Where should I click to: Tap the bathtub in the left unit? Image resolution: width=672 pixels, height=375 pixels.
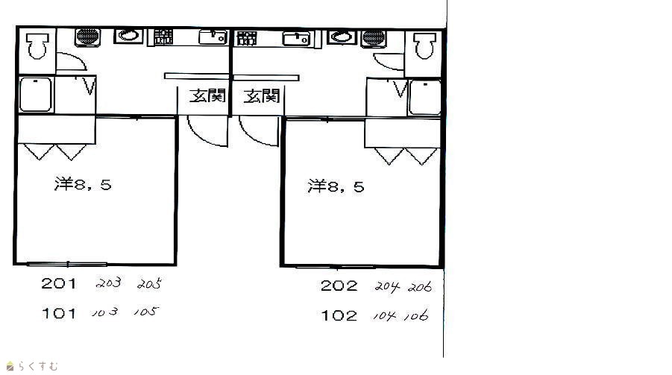pyautogui.click(x=36, y=94)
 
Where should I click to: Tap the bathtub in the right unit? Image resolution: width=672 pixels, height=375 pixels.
pyautogui.click(x=424, y=97)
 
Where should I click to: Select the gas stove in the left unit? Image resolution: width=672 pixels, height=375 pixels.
pyautogui.click(x=163, y=37)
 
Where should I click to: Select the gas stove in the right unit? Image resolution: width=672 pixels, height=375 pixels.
pyautogui.click(x=247, y=38)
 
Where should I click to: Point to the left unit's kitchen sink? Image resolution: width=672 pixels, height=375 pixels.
pyautogui.click(x=213, y=37)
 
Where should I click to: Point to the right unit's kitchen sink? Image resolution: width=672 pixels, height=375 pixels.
pyautogui.click(x=296, y=39)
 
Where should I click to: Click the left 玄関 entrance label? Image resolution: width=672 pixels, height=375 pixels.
pyautogui.click(x=207, y=95)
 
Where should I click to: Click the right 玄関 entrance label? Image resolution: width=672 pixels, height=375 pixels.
pyautogui.click(x=262, y=96)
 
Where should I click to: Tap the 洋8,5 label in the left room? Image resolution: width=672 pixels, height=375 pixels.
pyautogui.click(x=83, y=184)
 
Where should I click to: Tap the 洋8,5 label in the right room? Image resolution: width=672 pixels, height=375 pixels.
pyautogui.click(x=336, y=186)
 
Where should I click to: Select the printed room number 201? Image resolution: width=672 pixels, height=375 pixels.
pyautogui.click(x=59, y=283)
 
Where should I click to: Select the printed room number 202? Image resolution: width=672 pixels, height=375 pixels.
pyautogui.click(x=339, y=286)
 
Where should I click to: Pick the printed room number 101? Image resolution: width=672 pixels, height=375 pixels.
pyautogui.click(x=59, y=313)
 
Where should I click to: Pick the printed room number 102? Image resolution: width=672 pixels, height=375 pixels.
pyautogui.click(x=339, y=316)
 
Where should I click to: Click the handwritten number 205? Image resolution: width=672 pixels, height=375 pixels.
pyautogui.click(x=150, y=284)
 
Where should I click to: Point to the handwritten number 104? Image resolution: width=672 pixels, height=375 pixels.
pyautogui.click(x=384, y=316)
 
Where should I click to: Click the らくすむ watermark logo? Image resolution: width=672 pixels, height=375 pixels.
pyautogui.click(x=32, y=367)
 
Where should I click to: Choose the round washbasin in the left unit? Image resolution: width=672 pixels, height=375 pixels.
pyautogui.click(x=128, y=36)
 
